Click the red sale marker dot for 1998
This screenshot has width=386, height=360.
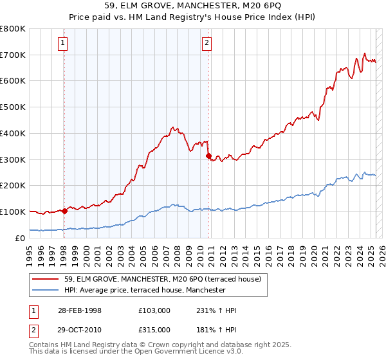point(65,210)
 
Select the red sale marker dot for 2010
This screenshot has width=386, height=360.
point(208,155)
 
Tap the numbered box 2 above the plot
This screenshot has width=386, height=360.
point(207,43)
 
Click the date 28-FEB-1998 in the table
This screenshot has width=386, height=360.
point(77,310)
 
